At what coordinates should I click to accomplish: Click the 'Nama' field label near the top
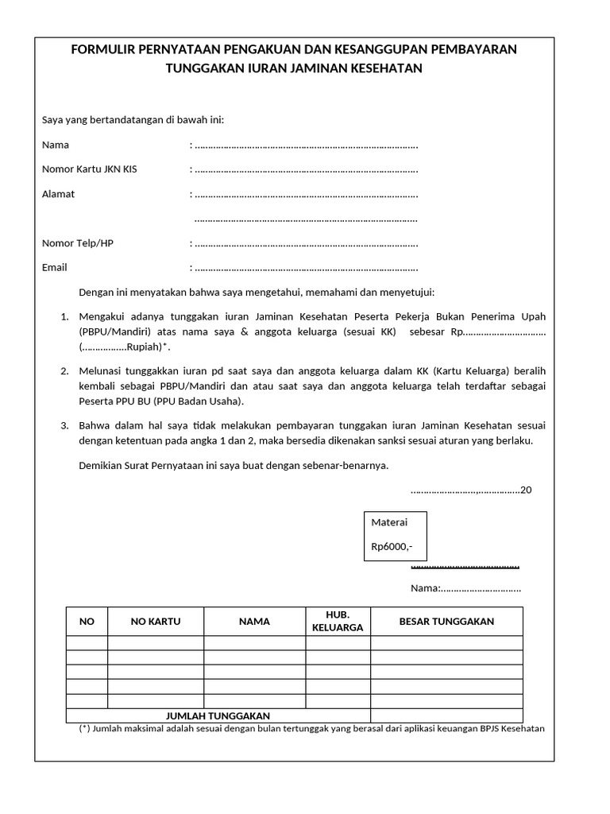56,145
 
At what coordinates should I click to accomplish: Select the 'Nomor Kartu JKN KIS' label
89,169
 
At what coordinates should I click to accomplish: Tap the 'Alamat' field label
58,194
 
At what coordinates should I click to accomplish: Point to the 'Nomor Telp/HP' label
77,243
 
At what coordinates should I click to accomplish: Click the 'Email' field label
54,268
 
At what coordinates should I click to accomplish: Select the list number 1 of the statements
64,317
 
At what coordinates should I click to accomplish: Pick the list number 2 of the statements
64,371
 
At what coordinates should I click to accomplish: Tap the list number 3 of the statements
64,426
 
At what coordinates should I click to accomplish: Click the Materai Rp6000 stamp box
395,536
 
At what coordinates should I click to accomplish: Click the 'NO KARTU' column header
156,622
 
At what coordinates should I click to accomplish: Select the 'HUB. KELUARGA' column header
338,621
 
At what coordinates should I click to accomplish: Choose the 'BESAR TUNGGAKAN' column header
446,622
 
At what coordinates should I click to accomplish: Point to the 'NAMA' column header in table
254,622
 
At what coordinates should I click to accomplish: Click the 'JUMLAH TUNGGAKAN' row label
218,716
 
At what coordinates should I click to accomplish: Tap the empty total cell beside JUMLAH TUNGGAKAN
446,715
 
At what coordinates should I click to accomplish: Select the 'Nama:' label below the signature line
424,588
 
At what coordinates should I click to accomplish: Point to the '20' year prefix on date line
526,490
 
